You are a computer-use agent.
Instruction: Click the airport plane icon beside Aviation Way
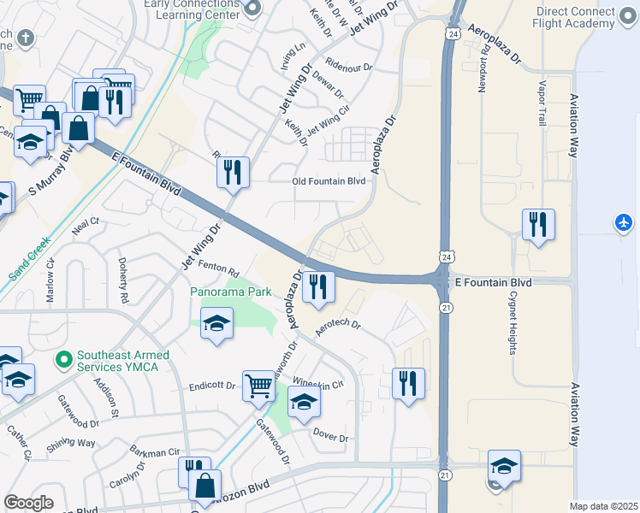coord(624,223)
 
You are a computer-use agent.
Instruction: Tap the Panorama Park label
coord(230,292)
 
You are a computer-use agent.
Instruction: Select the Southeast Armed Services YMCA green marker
coord(62,359)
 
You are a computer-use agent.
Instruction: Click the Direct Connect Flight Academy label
coord(574,17)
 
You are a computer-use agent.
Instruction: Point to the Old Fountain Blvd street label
coord(329,181)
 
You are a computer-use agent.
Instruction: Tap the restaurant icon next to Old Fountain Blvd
coord(234,173)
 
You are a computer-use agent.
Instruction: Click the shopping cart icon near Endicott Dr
coord(258,386)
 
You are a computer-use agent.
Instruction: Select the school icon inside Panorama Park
coord(217,325)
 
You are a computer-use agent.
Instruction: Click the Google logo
coord(28,503)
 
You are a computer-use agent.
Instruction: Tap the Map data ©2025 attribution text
coord(603,506)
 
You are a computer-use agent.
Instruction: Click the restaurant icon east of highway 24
coord(538,225)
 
